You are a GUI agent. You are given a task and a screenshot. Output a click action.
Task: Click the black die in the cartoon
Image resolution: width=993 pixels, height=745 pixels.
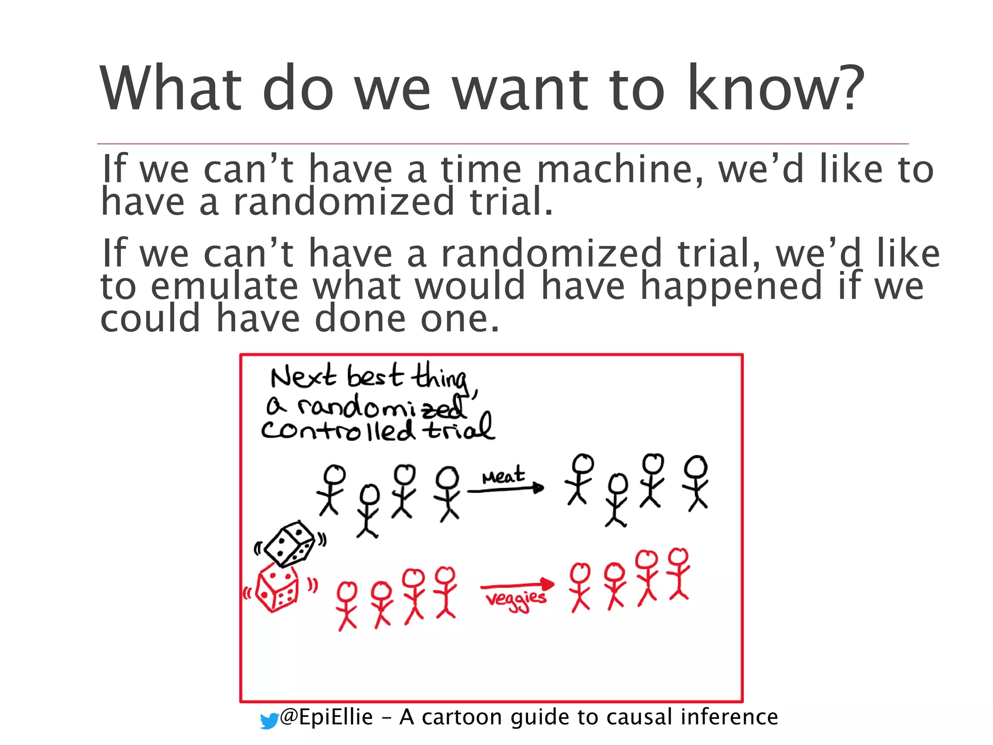(x=290, y=544)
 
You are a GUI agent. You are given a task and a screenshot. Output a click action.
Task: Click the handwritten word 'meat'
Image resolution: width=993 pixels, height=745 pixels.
(x=503, y=475)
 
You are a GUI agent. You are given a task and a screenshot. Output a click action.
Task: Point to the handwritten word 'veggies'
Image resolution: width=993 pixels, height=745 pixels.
(x=516, y=599)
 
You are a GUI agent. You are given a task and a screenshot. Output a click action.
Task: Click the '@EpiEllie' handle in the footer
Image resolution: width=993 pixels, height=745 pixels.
(x=326, y=717)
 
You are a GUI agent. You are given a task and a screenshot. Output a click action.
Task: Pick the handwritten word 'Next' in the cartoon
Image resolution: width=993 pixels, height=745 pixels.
(x=303, y=376)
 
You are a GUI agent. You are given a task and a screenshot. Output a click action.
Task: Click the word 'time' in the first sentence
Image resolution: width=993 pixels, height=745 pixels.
(x=480, y=169)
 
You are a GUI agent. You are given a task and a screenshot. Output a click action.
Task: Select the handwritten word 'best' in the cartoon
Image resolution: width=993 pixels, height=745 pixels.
(x=374, y=376)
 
